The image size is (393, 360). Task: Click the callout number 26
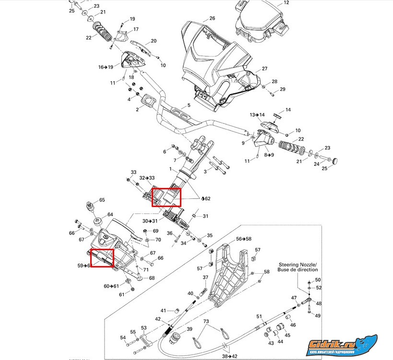coord(212,18)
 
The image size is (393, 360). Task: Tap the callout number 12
coord(286,2)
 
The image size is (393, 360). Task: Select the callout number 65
coord(102,200)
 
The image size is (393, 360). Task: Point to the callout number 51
coord(259,316)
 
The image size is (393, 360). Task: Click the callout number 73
coord(206,322)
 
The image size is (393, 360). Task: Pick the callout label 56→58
coord(244,239)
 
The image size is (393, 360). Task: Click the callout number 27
coord(264,69)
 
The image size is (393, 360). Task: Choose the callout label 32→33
coord(147,178)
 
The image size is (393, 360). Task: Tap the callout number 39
coord(189,329)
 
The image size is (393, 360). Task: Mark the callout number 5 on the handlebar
coord(189,105)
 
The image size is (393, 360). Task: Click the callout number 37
coord(205,278)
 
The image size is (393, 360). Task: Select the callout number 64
coord(110,214)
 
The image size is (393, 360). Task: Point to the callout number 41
coord(163,310)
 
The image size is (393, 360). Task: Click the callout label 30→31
coord(150,221)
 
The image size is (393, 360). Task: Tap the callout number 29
coord(283,89)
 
